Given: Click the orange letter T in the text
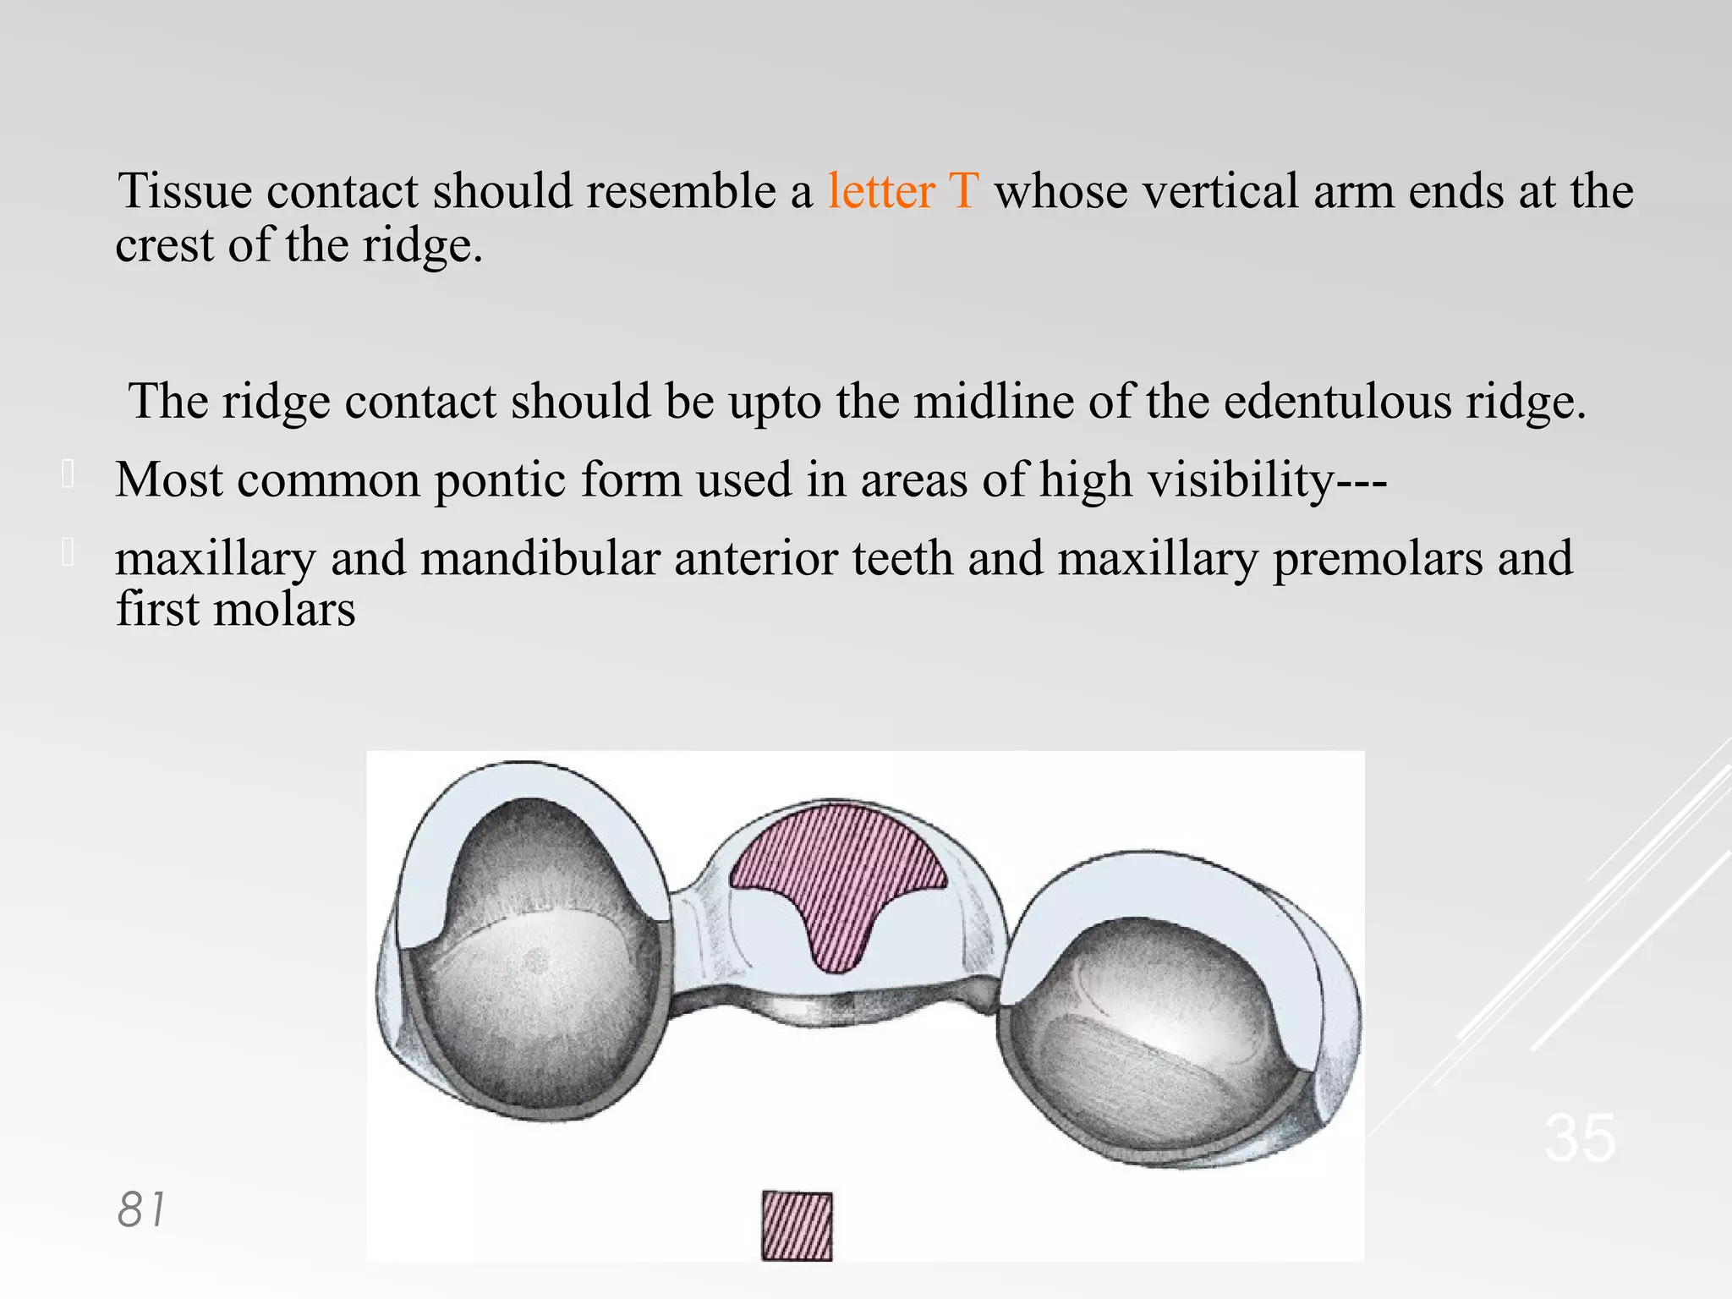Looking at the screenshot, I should (963, 191).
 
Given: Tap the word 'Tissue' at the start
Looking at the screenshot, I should (184, 191).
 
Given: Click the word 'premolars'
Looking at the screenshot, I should (1378, 559).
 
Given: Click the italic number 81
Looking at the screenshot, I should (141, 1209).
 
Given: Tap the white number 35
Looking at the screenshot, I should (1580, 1138).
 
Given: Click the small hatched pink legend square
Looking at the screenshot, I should (797, 1225).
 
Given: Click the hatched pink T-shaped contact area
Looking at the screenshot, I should (837, 871).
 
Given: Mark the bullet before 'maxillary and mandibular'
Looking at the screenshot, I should (69, 553).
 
